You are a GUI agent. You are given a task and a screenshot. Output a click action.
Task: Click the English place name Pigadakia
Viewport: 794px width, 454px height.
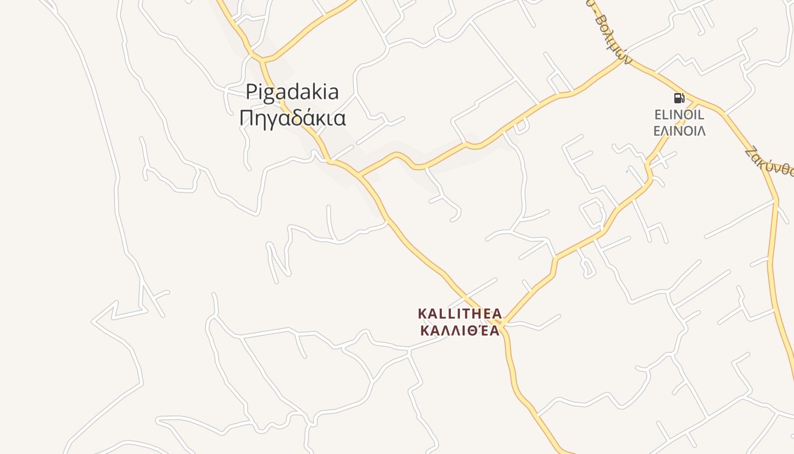point(292,92)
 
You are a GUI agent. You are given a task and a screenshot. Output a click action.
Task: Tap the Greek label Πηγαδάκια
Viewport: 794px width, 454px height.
point(292,118)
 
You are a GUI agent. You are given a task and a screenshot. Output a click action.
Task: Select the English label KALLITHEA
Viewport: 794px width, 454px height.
point(459,314)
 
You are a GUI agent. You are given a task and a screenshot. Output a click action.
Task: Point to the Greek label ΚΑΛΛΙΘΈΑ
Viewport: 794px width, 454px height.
point(459,330)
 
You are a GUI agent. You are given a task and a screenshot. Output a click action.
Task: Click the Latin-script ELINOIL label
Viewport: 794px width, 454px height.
point(679,115)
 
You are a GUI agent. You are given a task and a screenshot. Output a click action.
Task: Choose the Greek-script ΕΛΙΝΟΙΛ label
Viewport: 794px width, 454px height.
point(679,131)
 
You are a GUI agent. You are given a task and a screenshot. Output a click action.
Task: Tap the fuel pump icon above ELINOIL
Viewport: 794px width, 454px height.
point(679,98)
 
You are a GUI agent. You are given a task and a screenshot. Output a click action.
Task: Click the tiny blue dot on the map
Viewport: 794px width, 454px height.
point(627,171)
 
